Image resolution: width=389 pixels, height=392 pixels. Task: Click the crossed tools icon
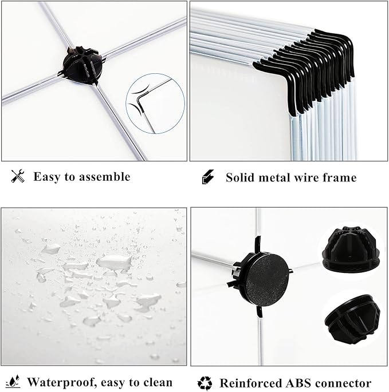point(18,176)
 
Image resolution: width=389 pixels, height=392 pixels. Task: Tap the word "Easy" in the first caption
point(47,177)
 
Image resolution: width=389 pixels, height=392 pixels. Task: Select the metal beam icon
point(208,177)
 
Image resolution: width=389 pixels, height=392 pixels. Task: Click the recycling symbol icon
point(205,383)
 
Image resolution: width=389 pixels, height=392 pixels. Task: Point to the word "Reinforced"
point(251,383)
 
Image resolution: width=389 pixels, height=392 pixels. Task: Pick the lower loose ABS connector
point(352,318)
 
